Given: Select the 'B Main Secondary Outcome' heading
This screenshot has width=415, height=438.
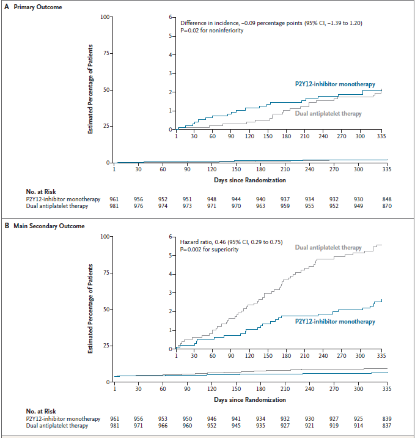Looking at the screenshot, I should [x=45, y=226].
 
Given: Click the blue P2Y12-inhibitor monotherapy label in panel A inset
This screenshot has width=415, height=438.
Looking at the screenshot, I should [x=331, y=84].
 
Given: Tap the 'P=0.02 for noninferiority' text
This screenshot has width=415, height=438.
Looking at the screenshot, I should [x=211, y=30].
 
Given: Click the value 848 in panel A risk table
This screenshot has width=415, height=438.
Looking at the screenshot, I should [x=386, y=199].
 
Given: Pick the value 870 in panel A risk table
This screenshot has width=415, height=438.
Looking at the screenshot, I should [x=386, y=206].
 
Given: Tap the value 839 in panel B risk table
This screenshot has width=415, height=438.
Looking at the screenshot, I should [x=386, y=418].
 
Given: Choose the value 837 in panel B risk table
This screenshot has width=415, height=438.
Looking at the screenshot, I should [x=386, y=426].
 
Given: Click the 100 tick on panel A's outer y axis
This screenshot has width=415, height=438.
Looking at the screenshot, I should [x=105, y=17].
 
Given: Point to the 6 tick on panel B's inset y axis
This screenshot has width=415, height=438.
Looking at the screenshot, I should [x=172, y=237].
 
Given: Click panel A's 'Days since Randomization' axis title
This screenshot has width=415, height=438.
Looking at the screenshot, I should [x=249, y=180].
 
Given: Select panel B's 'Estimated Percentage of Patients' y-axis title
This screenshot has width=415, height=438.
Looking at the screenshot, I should [x=91, y=308].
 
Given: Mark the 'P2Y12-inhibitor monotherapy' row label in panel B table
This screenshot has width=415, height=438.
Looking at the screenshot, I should [x=63, y=418].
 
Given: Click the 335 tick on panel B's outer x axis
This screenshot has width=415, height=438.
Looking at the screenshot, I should [x=386, y=388].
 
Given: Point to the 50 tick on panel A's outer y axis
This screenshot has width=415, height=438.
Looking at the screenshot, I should [x=106, y=90].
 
